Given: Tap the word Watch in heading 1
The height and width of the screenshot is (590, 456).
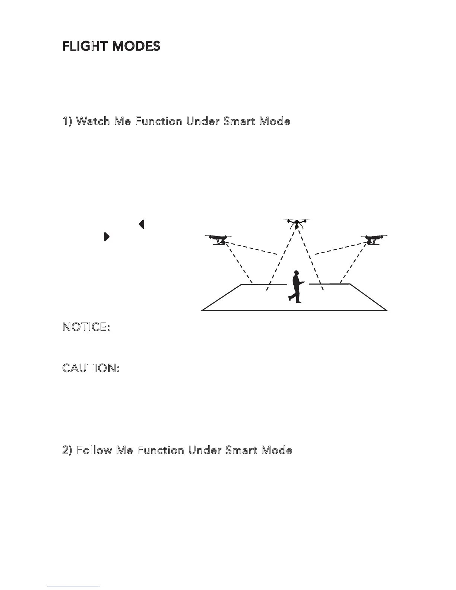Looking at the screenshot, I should tap(93, 121).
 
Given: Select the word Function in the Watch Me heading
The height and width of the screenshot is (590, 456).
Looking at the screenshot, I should tap(159, 121).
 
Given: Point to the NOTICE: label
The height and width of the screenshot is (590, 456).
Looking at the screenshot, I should tap(86, 327).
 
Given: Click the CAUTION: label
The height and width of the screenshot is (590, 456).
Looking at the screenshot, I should tap(91, 368).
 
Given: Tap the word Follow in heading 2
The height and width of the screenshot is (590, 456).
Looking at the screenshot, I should tap(94, 450).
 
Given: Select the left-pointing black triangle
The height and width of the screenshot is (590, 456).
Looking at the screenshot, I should tap(141, 224).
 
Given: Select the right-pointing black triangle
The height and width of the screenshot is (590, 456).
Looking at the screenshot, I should tap(107, 237).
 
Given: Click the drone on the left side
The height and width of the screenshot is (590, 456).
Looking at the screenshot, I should tap(218, 240).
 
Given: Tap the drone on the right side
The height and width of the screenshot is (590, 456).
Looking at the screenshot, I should tap(374, 240).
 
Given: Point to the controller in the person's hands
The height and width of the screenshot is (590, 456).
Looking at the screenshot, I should tap(305, 282).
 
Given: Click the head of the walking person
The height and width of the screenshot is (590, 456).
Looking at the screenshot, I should tap(297, 273).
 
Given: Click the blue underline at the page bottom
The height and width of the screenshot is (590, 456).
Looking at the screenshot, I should tap(74, 587).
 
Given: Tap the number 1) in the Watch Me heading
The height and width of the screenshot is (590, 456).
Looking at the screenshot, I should tap(69, 121).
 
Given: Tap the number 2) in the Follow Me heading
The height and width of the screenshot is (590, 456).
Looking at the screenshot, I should tap(69, 450).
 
